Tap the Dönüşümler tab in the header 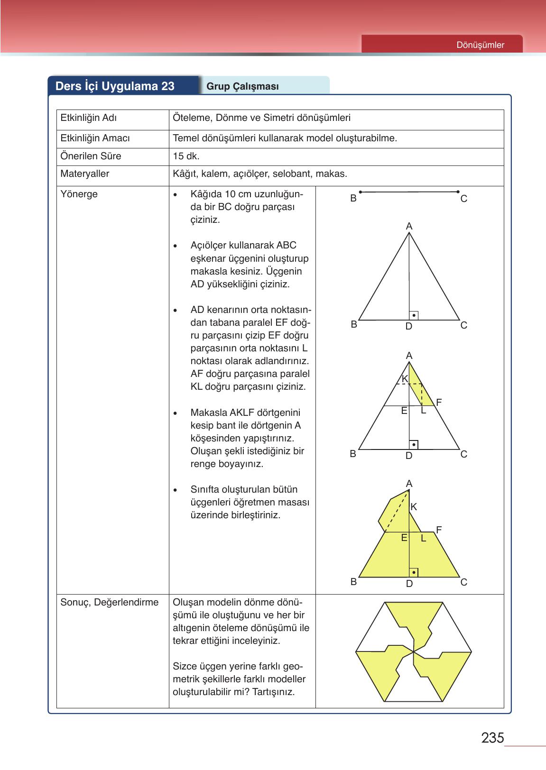(x=480, y=45)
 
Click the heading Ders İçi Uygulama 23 (x=115, y=86)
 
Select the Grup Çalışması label (x=242, y=86)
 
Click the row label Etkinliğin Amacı (x=95, y=138)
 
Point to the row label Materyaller (x=84, y=174)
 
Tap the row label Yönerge (x=79, y=194)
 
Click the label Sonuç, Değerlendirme (x=109, y=602)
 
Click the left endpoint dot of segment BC (x=361, y=192)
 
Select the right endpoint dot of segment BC (x=458, y=192)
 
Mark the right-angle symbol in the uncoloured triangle (x=414, y=315)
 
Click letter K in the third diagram (x=405, y=379)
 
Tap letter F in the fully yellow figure (x=439, y=529)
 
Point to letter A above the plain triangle (x=409, y=227)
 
